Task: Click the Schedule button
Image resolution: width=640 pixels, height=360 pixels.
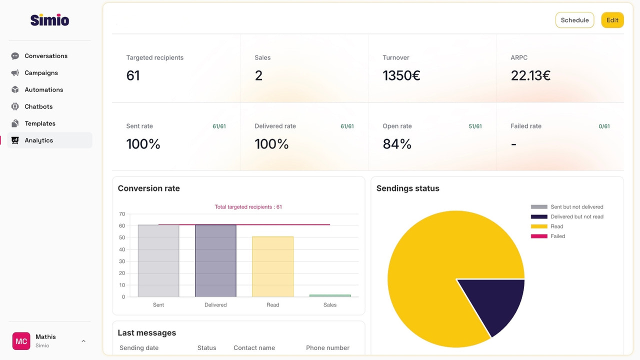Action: pyautogui.click(x=574, y=20)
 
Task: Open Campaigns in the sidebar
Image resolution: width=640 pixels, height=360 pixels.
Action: pyautogui.click(x=41, y=73)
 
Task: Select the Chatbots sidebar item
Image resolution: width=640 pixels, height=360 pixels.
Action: pyautogui.click(x=38, y=106)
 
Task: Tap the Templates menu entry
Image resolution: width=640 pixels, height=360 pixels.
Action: pyautogui.click(x=40, y=123)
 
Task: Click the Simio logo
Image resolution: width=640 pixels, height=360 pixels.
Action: pyautogui.click(x=49, y=20)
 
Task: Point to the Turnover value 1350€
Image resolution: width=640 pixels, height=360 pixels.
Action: pyautogui.click(x=401, y=75)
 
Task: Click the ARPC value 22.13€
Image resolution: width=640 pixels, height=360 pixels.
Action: pyautogui.click(x=530, y=75)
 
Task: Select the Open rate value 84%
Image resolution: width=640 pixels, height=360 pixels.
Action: pyautogui.click(x=397, y=144)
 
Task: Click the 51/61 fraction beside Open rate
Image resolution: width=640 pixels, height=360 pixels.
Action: pyautogui.click(x=475, y=126)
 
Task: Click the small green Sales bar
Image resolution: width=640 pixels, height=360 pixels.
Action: pyautogui.click(x=330, y=295)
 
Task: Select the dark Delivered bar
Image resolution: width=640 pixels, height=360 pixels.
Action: pyautogui.click(x=215, y=260)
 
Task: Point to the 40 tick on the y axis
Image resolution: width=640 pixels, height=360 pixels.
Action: pyautogui.click(x=121, y=249)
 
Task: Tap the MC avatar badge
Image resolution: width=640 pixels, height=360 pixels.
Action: pyautogui.click(x=21, y=341)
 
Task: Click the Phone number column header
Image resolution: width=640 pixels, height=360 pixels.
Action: pyautogui.click(x=327, y=348)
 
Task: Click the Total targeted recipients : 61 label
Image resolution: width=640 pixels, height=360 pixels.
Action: pyautogui.click(x=248, y=207)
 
